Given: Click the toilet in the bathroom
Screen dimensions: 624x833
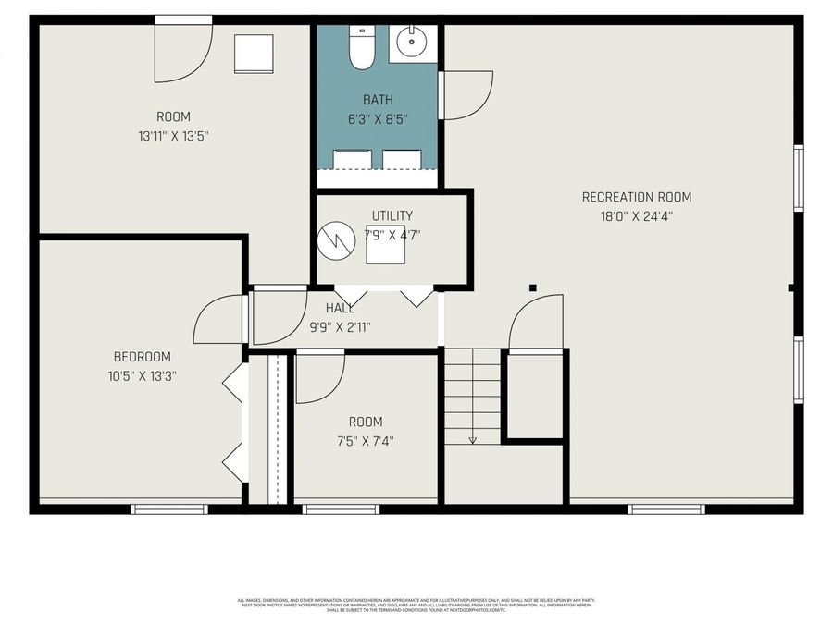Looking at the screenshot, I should (360, 47).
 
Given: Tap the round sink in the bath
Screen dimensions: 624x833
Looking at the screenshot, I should (408, 41).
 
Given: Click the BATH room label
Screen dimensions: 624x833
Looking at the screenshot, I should (377, 100).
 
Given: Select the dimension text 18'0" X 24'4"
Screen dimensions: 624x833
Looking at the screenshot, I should (636, 217).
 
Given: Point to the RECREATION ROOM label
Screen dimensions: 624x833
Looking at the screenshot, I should (636, 197).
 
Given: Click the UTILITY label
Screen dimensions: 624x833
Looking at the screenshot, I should (392, 215).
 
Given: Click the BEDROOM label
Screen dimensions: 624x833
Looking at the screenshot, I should (142, 357).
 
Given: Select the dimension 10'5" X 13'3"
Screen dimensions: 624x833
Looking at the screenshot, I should (142, 376).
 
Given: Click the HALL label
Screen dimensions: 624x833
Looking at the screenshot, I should (340, 308).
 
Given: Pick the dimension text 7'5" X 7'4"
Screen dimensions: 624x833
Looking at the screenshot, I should (366, 441).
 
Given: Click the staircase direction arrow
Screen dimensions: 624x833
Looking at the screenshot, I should (472, 438).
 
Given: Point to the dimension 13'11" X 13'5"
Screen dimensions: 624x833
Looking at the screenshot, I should (173, 137).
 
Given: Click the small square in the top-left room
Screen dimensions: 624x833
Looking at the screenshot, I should (254, 54).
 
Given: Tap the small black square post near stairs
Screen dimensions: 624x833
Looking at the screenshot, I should (532, 288).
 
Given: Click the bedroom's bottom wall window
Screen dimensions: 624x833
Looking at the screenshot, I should (168, 509).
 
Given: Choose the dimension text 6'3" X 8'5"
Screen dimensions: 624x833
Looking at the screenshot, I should (377, 119).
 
